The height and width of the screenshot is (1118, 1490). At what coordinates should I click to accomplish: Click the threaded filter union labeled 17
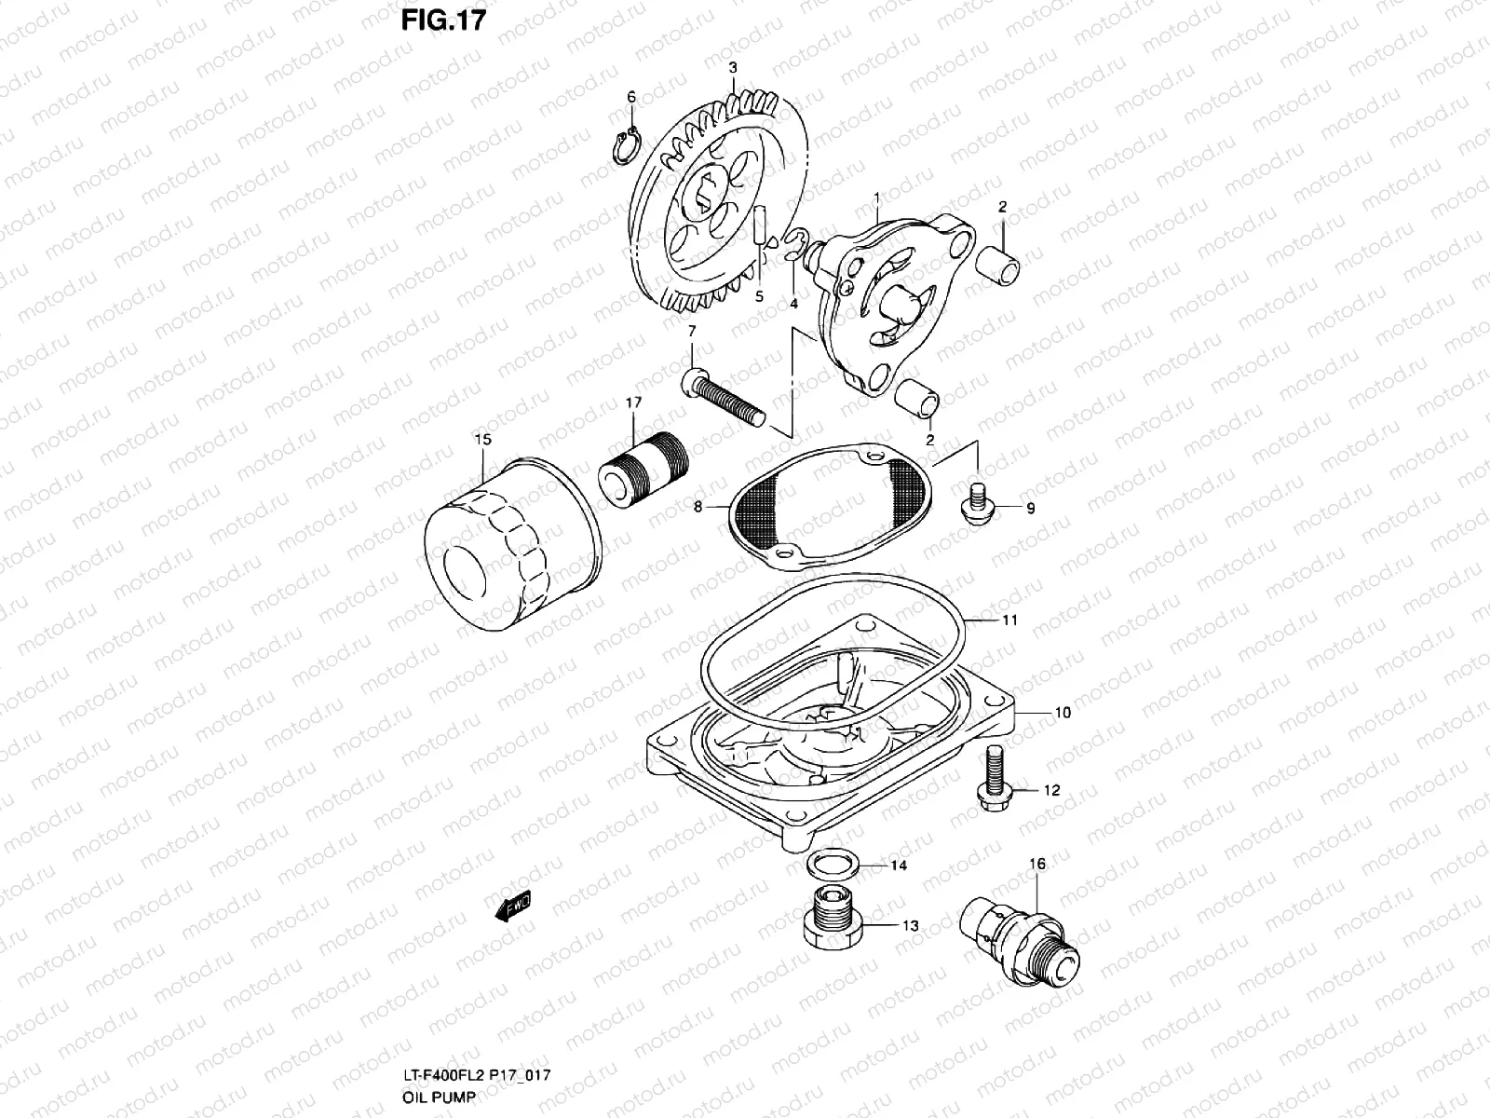tap(643, 471)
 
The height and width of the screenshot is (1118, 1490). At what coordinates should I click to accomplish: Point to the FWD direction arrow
tap(513, 904)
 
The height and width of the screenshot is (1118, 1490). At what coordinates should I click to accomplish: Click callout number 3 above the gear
tap(733, 68)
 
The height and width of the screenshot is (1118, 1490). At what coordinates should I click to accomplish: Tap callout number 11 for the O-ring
tap(1010, 620)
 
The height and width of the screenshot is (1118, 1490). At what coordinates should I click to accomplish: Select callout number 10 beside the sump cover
tap(1036, 713)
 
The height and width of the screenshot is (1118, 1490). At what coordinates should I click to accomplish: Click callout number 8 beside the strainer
tap(698, 508)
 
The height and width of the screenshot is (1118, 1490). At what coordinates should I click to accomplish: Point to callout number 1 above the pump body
tap(876, 198)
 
